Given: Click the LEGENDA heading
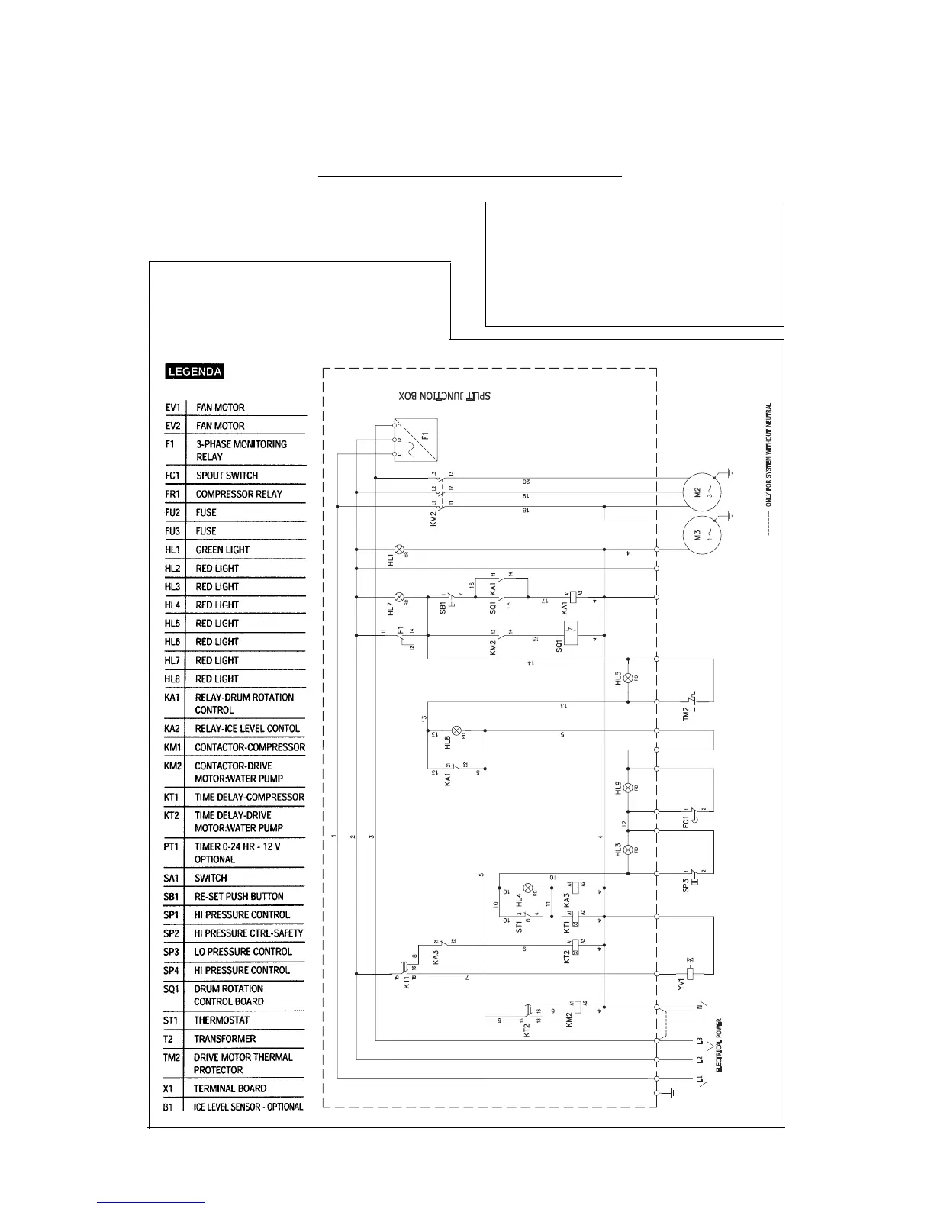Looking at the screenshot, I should (x=195, y=372).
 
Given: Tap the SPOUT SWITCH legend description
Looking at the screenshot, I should (x=227, y=476).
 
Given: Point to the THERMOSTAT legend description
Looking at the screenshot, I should (x=221, y=1020).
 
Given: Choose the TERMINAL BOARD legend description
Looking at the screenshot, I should (x=230, y=1088).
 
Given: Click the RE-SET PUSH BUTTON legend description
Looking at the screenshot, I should (x=239, y=897).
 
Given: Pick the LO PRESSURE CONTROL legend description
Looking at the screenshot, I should (x=243, y=952).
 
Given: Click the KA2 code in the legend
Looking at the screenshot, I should (x=172, y=729).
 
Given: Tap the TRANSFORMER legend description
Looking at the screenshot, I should (x=224, y=1039).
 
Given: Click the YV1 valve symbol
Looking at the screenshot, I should (x=691, y=973).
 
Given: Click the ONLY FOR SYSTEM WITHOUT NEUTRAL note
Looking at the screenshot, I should (x=769, y=454).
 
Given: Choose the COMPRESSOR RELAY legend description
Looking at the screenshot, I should (x=239, y=494).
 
